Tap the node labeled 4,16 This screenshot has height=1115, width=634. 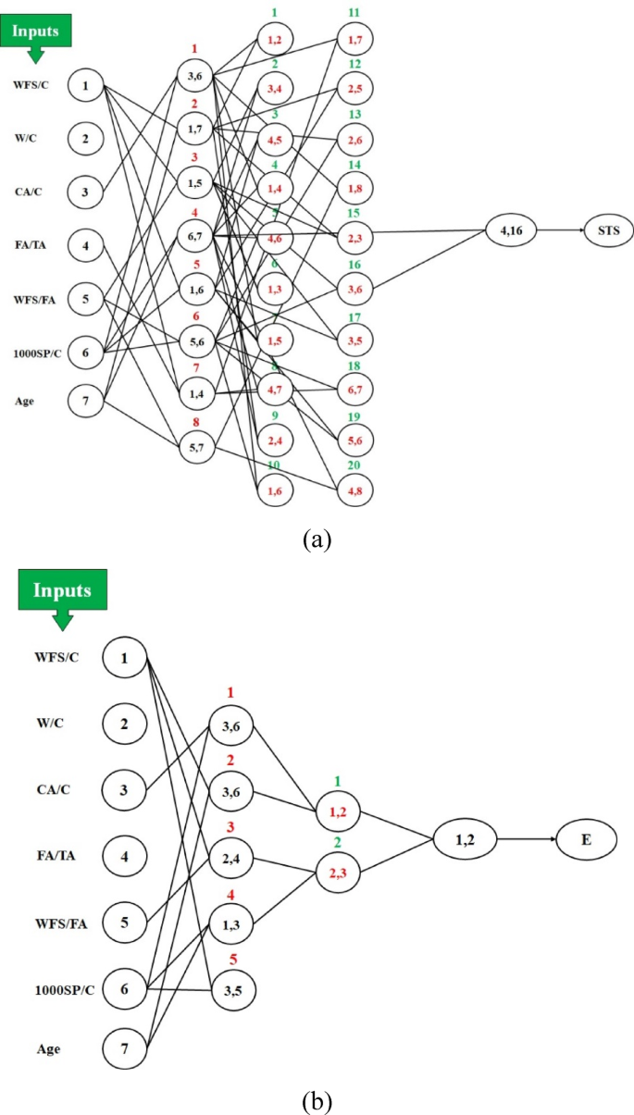click(x=512, y=229)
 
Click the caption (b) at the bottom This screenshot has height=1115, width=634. click(x=316, y=1100)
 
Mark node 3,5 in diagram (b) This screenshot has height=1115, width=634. click(x=230, y=989)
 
